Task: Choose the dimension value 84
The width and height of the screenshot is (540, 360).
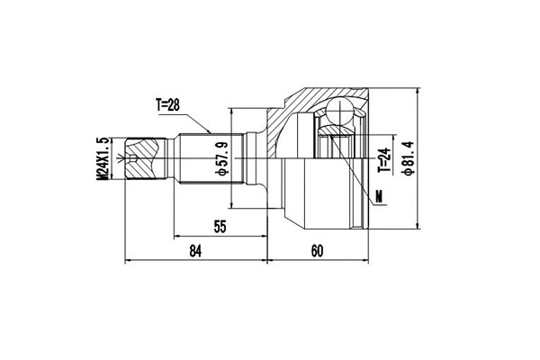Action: [196, 251]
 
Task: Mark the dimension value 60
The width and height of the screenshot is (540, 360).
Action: [316, 251]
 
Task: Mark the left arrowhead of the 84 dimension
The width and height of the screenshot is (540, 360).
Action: [125, 262]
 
